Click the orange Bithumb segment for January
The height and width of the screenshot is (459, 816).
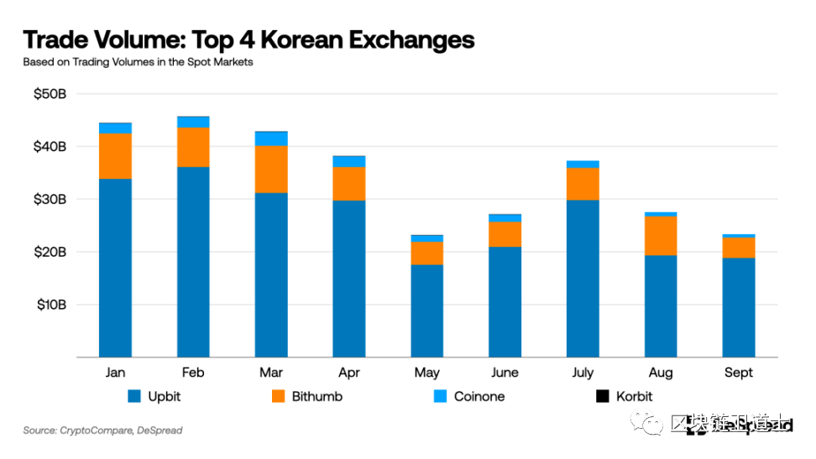(x=115, y=156)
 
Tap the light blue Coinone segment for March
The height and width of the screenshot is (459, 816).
(x=271, y=138)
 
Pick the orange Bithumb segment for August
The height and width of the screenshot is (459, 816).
(x=661, y=236)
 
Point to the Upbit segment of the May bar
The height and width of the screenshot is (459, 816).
(x=427, y=310)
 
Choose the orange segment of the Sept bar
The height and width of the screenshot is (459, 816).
(x=739, y=248)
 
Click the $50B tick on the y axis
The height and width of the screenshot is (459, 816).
(x=50, y=94)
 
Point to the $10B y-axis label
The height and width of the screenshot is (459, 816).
(x=50, y=305)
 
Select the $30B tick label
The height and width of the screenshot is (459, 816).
(x=50, y=200)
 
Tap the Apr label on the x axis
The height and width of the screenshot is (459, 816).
(x=348, y=373)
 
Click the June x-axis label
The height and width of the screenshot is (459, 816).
(x=505, y=373)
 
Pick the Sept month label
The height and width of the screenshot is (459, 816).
(x=739, y=373)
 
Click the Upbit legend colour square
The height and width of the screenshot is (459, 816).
(x=133, y=396)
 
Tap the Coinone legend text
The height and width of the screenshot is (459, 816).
(x=479, y=396)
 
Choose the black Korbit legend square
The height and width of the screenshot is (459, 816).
(x=601, y=396)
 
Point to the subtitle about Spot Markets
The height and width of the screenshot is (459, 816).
(x=138, y=62)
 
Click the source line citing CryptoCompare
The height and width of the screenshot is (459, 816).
(x=102, y=430)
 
